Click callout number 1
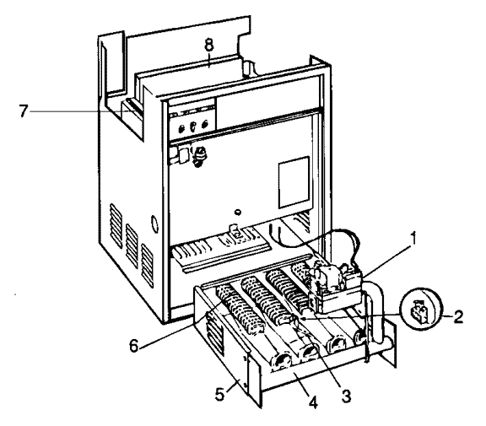pyautogui.click(x=413, y=240)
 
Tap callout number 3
pyautogui.click(x=345, y=396)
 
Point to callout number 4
pyautogui.click(x=313, y=402)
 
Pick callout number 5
pyautogui.click(x=219, y=394)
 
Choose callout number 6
pyautogui.click(x=134, y=345)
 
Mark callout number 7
pyautogui.click(x=24, y=111)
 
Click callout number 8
pyautogui.click(x=209, y=45)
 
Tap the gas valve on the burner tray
pyautogui.click(x=335, y=283)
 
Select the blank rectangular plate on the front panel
pyautogui.click(x=294, y=182)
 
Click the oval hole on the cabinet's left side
pyautogui.click(x=154, y=224)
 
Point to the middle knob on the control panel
pyautogui.click(x=192, y=126)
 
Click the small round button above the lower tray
pyautogui.click(x=238, y=213)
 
